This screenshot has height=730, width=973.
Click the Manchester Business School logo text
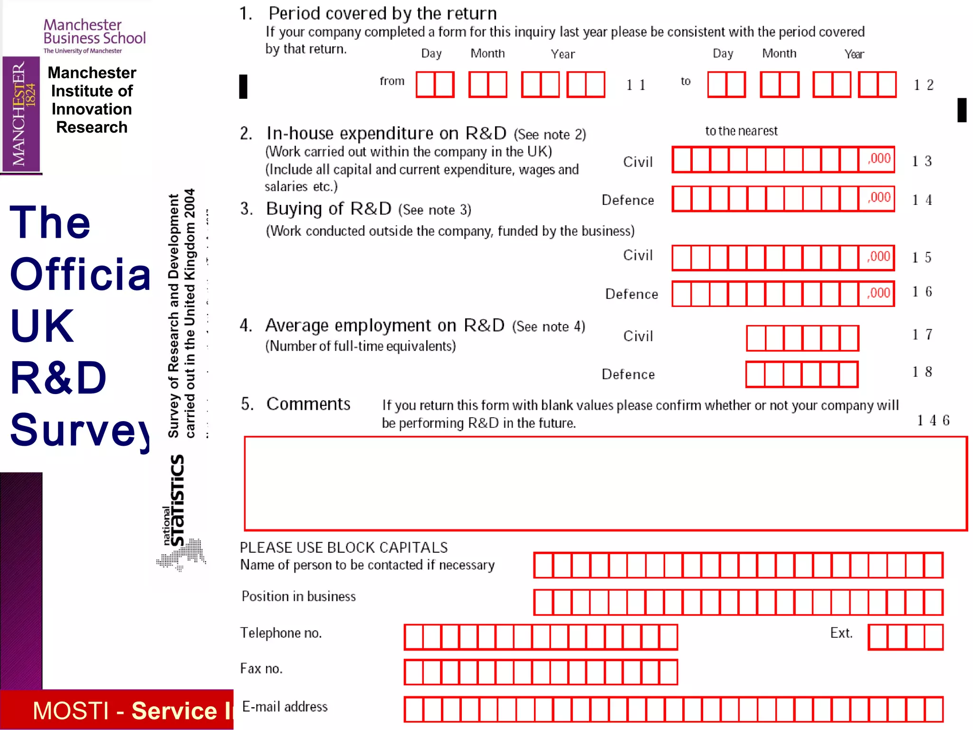click(x=94, y=32)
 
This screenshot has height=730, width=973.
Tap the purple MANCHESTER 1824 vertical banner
click(x=21, y=114)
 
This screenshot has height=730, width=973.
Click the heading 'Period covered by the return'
click(x=382, y=13)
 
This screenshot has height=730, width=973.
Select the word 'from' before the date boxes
click(x=392, y=81)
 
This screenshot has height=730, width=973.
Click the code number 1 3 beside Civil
click(x=922, y=162)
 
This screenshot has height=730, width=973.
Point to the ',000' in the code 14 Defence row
click(x=879, y=197)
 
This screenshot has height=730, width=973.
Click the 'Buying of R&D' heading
click(x=328, y=209)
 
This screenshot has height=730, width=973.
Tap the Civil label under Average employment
click(x=638, y=336)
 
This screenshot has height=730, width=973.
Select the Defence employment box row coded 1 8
click(x=802, y=375)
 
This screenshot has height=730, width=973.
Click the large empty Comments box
click(x=605, y=483)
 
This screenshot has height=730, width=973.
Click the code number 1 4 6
click(x=933, y=421)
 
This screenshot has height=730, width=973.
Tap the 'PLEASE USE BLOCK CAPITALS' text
click(x=343, y=547)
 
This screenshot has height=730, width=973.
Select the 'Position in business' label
click(x=298, y=596)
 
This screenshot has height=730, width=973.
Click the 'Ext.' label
click(x=841, y=633)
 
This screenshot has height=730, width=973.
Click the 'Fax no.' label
click(x=261, y=669)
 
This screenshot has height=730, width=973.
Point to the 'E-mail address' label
click(x=285, y=707)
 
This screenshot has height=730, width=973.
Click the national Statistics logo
click(x=180, y=513)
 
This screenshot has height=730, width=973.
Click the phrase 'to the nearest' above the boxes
click(x=741, y=131)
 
